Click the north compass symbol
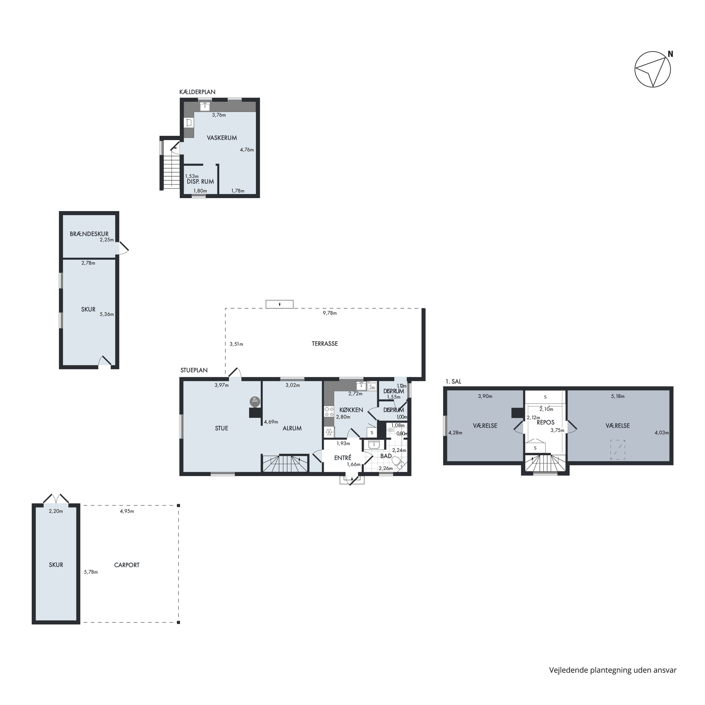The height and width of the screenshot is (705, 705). [x=653, y=69]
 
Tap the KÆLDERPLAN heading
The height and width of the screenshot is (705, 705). [x=197, y=92]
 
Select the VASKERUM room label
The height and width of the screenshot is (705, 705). [x=222, y=138]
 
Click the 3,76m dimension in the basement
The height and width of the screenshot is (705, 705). [x=219, y=115]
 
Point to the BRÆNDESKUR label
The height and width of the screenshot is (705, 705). [x=89, y=234]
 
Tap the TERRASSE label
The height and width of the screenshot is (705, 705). [x=325, y=344]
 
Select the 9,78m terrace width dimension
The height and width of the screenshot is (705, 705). [x=329, y=313]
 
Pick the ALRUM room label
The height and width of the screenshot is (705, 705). [x=292, y=428]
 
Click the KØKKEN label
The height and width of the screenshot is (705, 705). [x=351, y=410]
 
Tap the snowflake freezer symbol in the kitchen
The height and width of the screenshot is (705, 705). [x=329, y=432]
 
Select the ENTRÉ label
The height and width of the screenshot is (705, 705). [x=343, y=458]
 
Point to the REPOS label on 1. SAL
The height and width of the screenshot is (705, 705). [x=545, y=423]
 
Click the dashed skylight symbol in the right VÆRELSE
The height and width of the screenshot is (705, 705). [x=618, y=450]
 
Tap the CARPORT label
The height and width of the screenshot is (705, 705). [x=127, y=565]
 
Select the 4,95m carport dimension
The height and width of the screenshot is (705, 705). [x=127, y=511]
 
